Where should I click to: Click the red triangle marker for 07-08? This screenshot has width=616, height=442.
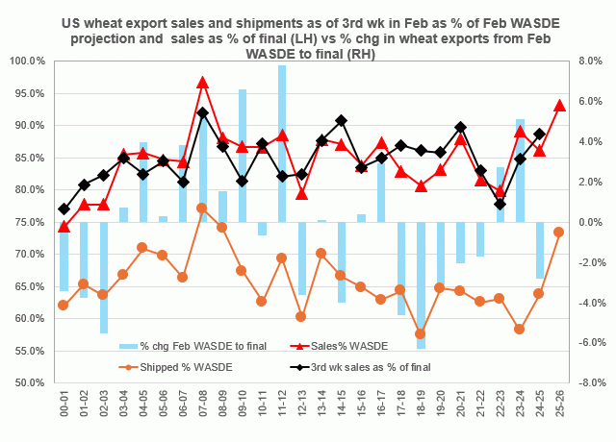(x=203, y=83)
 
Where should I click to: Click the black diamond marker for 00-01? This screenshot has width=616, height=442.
(x=64, y=209)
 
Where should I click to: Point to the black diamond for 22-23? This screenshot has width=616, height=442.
(x=500, y=204)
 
